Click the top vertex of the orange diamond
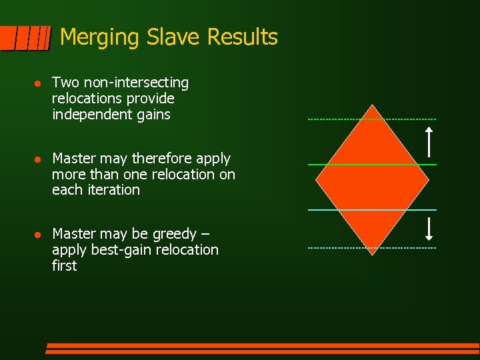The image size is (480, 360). (373, 106)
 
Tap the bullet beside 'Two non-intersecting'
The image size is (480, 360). (38, 83)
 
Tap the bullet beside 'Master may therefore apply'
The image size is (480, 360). (38, 159)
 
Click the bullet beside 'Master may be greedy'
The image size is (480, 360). (38, 235)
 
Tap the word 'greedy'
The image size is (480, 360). (174, 235)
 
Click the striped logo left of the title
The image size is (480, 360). (26, 38)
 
